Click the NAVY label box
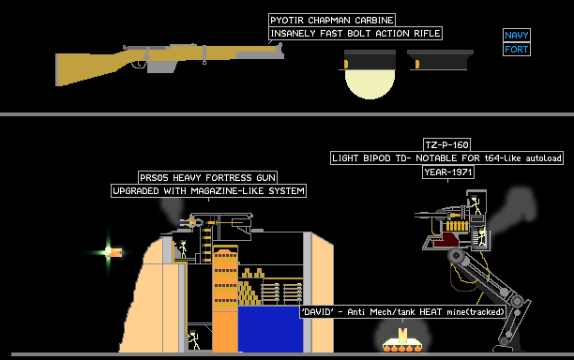click(x=517, y=35)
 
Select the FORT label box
click(x=517, y=49)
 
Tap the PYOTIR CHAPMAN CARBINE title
click(x=332, y=20)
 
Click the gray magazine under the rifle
click(x=162, y=67)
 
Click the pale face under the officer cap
click(x=370, y=84)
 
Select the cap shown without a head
click(x=441, y=60)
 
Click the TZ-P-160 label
click(x=446, y=145)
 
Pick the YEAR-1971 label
click(x=448, y=172)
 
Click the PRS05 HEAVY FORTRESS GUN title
click(x=207, y=178)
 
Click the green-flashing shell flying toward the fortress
click(x=113, y=252)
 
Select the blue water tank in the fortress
click(x=270, y=329)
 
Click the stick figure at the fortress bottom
click(x=193, y=340)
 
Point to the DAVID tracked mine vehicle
click(x=402, y=341)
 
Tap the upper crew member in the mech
click(x=476, y=205)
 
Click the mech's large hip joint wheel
click(x=456, y=256)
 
